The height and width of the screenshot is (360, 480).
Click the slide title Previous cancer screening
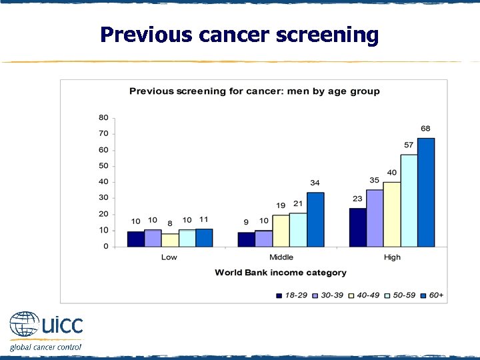[239, 35]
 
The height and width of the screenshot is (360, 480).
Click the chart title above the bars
[254, 91]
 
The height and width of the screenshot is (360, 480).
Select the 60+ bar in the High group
[425, 193]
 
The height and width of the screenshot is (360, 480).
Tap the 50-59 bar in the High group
[409, 201]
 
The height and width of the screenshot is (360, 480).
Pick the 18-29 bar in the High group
[357, 227]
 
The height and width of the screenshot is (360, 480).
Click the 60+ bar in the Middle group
[315, 219]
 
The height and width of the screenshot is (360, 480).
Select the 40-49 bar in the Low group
[170, 240]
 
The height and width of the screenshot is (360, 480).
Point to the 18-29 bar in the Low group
[135, 239]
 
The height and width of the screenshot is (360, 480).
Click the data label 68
[425, 129]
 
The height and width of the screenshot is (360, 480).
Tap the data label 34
[315, 183]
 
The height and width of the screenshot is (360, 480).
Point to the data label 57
[409, 145]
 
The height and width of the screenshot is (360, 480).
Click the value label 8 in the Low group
[170, 224]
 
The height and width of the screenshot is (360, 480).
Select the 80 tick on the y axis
[103, 118]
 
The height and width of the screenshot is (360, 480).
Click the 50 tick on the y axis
[103, 166]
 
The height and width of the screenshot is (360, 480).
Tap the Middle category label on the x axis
[281, 257]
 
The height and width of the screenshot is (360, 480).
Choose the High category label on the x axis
[392, 257]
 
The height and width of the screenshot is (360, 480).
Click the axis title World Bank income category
[281, 273]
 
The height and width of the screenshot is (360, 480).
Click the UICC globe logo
[24, 325]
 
